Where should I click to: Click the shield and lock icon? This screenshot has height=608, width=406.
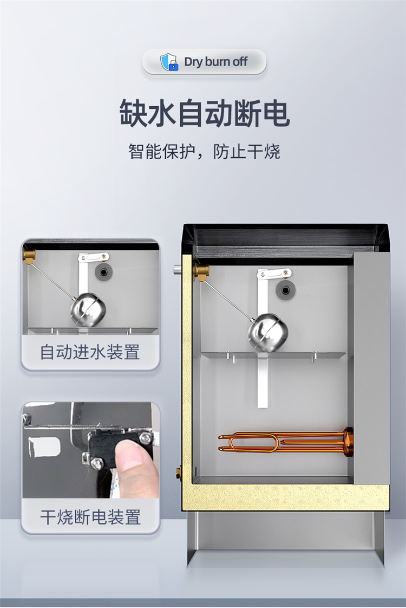[169, 62]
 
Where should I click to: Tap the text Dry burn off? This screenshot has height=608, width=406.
[216, 62]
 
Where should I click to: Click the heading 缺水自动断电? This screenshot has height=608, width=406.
[204, 113]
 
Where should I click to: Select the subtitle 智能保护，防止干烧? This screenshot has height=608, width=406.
[204, 151]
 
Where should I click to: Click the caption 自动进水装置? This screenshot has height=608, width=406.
[90, 352]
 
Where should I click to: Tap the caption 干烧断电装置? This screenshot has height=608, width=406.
[90, 517]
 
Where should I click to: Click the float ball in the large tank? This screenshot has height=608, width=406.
[268, 332]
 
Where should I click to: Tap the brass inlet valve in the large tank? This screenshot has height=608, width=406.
[202, 272]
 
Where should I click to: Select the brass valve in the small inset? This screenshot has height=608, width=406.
[29, 256]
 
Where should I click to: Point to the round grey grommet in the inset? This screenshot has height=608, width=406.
[104, 272]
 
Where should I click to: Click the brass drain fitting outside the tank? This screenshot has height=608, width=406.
[179, 473]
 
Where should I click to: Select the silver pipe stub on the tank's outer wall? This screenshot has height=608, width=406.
[178, 270]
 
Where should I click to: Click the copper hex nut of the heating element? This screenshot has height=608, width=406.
[349, 441]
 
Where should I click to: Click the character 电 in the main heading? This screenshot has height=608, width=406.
[276, 113]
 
